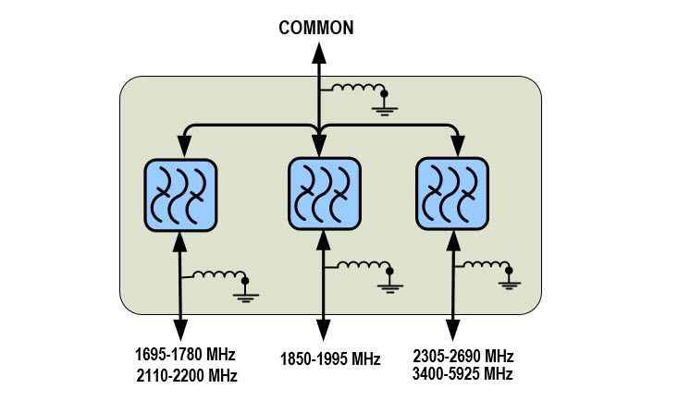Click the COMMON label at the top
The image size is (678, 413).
[x=316, y=28]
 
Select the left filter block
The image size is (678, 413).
[x=180, y=194]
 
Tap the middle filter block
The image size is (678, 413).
[x=323, y=192]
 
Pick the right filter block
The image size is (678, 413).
[x=451, y=192]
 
